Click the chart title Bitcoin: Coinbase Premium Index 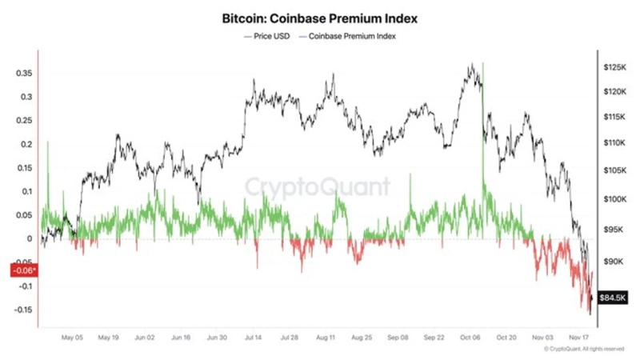pyautogui.click(x=319, y=17)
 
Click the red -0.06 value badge pyautogui.click(x=20, y=270)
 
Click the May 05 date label pyautogui.click(x=72, y=338)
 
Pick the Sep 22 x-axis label pyautogui.click(x=434, y=338)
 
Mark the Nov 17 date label pyautogui.click(x=578, y=338)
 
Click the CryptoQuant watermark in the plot pyautogui.click(x=318, y=187)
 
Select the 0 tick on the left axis pyautogui.click(x=29, y=238)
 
